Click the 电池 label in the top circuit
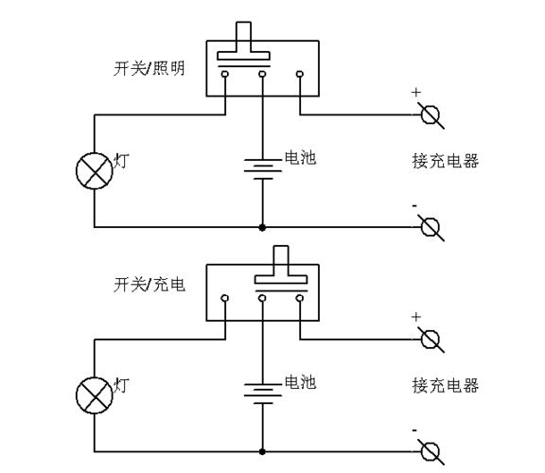[x=300, y=157]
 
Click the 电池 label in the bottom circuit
[x=300, y=381]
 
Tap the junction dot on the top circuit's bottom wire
[x=262, y=227]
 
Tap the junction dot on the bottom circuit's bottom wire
[x=262, y=452]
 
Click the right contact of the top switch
[x=300, y=74]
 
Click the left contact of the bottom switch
[x=225, y=298]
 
